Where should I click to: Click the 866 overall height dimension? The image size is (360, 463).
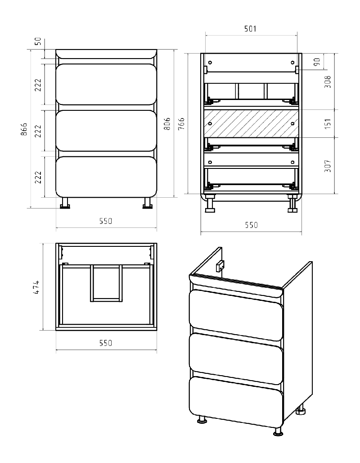pyautogui.click(x=25, y=129)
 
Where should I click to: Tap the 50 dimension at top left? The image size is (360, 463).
pyautogui.click(x=39, y=41)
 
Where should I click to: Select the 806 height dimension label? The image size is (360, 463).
pyautogui.click(x=167, y=124)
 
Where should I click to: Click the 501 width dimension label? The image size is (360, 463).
pyautogui.click(x=250, y=29)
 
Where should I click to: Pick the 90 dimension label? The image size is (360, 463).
pyautogui.click(x=317, y=62)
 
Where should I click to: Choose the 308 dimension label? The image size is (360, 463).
pyautogui.click(x=328, y=82)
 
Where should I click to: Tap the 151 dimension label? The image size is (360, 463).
pyautogui.click(x=328, y=124)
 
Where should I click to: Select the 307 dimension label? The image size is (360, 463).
pyautogui.click(x=328, y=166)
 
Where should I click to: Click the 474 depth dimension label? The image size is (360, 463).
pyautogui.click(x=36, y=287)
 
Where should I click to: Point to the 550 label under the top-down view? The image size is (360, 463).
pyautogui.click(x=106, y=343)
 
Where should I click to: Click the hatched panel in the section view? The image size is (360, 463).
pyautogui.click(x=252, y=124)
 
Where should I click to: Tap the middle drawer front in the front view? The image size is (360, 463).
pyautogui.click(x=106, y=131)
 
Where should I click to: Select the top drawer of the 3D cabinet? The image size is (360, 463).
pyautogui.click(x=236, y=310)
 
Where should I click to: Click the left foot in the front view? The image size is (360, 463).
pyautogui.click(x=65, y=203)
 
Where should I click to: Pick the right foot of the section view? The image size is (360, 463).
pyautogui.click(x=292, y=204)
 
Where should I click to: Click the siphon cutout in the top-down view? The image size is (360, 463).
pyautogui.click(x=106, y=283)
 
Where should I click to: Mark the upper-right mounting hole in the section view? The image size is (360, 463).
pyautogui.click(x=292, y=62)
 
